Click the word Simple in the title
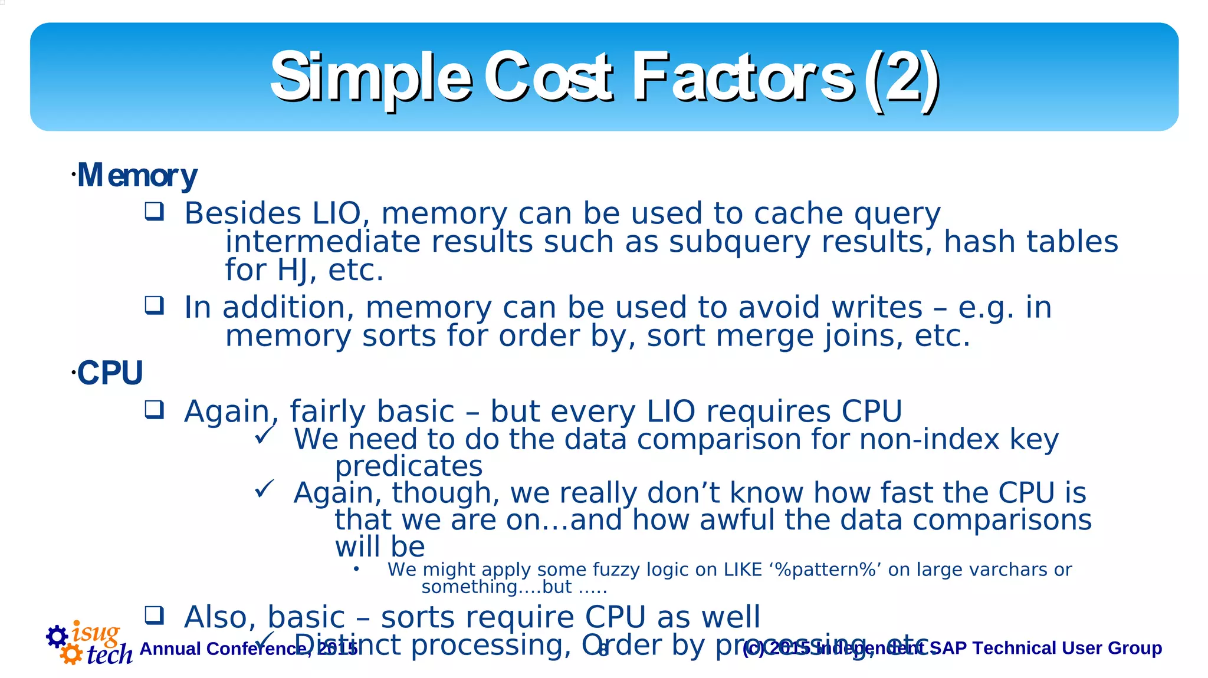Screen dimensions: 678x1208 (370, 77)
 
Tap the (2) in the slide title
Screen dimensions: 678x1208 (901, 77)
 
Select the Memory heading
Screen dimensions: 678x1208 (137, 175)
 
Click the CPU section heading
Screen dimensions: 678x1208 (110, 373)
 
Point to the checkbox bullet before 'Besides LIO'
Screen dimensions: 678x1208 (155, 211)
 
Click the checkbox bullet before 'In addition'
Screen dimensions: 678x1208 (155, 305)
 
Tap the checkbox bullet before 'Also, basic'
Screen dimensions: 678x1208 (155, 615)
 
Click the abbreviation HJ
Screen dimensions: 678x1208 (292, 271)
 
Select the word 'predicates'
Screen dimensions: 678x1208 (408, 466)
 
